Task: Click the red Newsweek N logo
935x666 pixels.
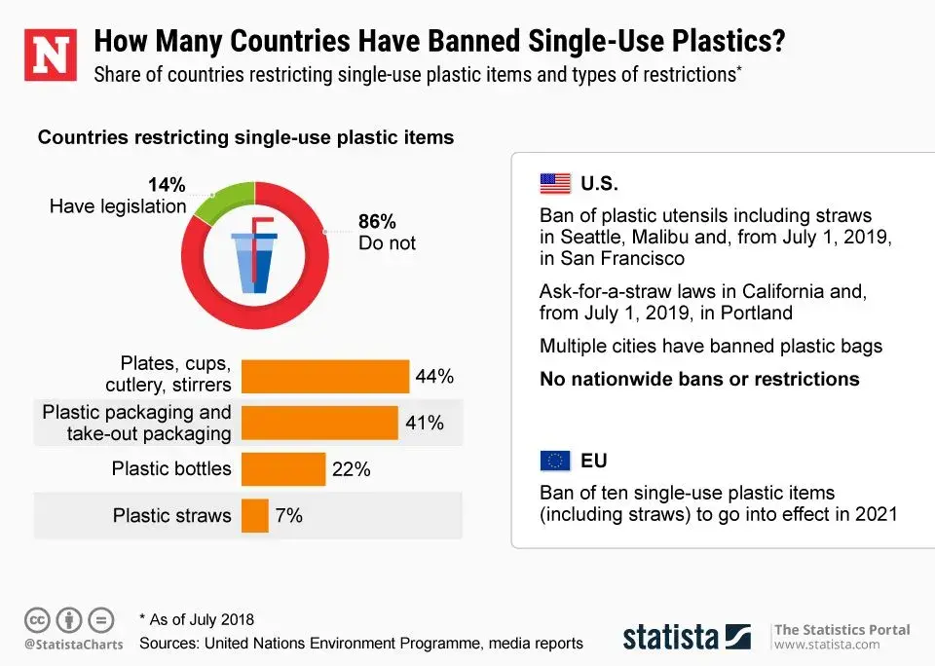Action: pyautogui.click(x=50, y=56)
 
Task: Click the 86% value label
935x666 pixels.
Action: pyautogui.click(x=378, y=220)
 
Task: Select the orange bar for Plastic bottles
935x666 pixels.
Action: pyautogui.click(x=282, y=469)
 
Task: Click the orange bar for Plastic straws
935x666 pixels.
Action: pyautogui.click(x=254, y=516)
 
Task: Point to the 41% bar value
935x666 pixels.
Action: pyautogui.click(x=425, y=424)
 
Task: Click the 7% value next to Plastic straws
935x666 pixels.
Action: pyautogui.click(x=289, y=516)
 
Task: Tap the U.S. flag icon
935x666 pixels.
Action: pyautogui.click(x=555, y=184)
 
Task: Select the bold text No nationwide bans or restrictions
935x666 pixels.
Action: pyautogui.click(x=699, y=379)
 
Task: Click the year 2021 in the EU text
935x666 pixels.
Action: pyautogui.click(x=877, y=514)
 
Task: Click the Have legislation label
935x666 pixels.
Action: pyautogui.click(x=118, y=206)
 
